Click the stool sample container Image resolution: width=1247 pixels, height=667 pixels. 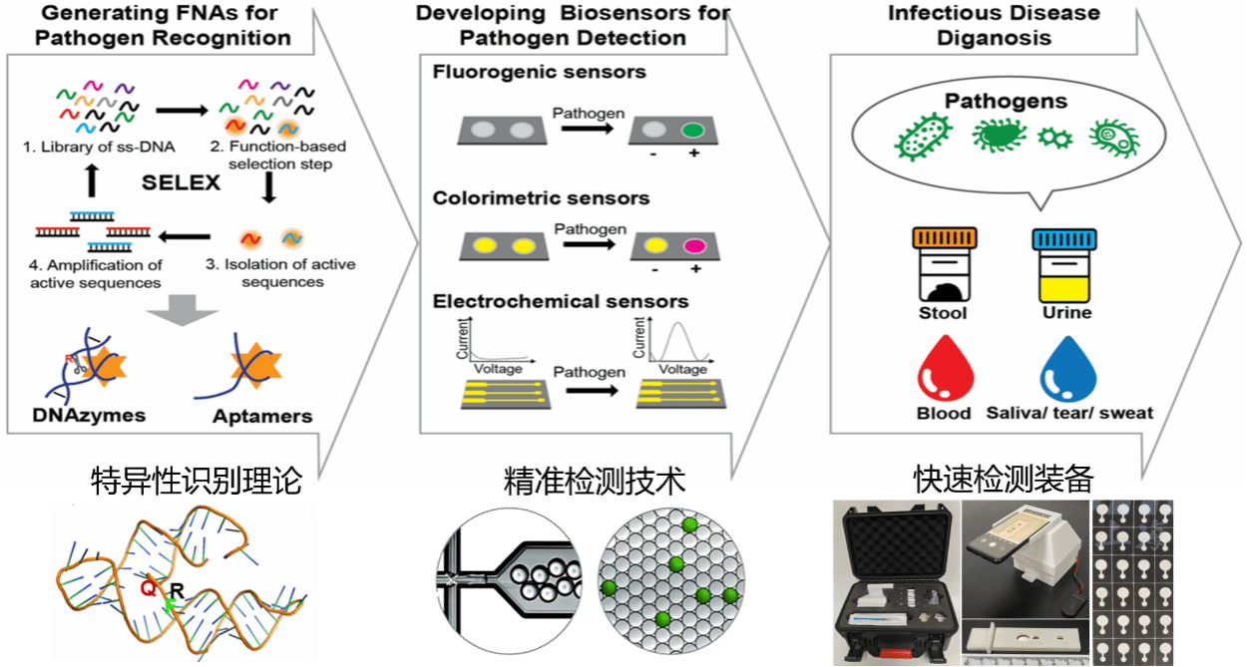click(x=944, y=264)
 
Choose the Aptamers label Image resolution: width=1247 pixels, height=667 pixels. click(x=262, y=416)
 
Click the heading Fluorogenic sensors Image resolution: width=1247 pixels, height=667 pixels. click(x=539, y=72)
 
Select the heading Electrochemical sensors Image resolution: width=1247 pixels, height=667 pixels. click(x=560, y=300)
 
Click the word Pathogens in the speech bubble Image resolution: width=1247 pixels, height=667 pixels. click(x=1006, y=101)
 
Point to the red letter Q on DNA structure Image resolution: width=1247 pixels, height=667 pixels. click(x=147, y=588)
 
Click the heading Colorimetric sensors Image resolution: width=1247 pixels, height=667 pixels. click(x=541, y=197)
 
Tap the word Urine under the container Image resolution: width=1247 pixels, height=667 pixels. click(x=1066, y=312)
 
